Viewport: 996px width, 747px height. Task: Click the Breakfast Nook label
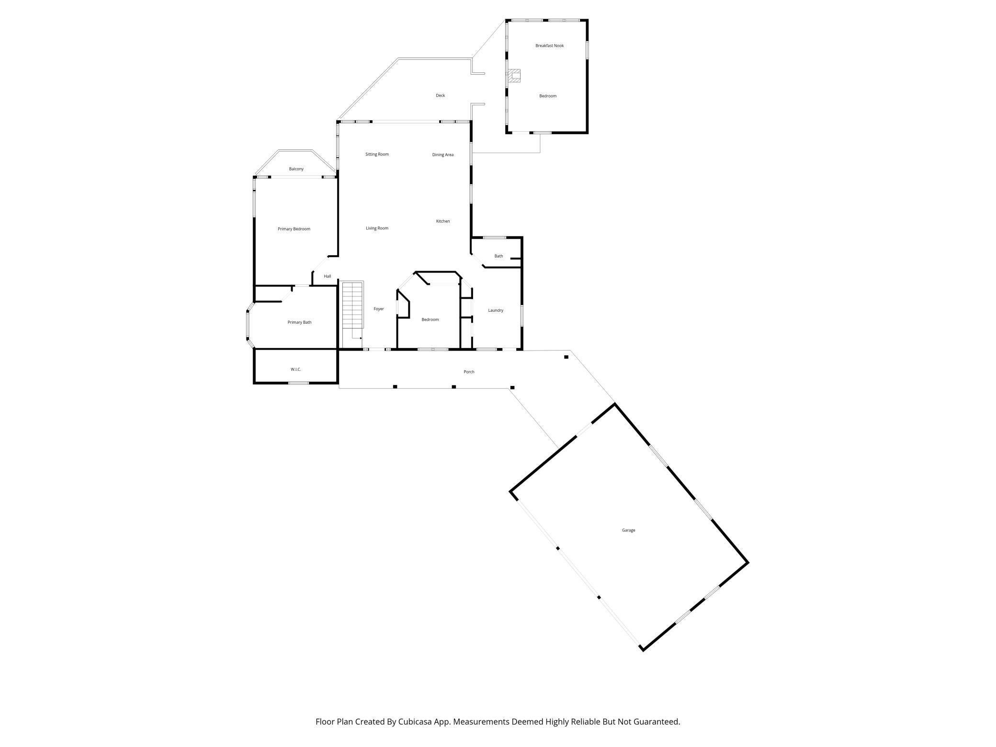coord(549,45)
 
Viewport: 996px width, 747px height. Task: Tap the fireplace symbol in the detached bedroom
coord(514,76)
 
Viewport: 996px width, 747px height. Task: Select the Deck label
coord(440,95)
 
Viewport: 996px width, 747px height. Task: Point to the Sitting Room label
coord(377,154)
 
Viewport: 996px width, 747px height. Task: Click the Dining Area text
coord(442,155)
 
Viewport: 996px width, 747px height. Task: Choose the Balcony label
coord(296,169)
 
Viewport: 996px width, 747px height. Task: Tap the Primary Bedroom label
coord(294,229)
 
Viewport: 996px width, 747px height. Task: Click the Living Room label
coord(377,228)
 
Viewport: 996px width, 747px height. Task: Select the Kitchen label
coord(442,221)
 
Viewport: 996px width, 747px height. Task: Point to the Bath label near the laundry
coord(498,256)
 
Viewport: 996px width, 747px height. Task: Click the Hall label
coord(328,276)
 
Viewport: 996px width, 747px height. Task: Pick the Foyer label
coord(379,309)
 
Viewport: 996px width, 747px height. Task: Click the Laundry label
coord(496,310)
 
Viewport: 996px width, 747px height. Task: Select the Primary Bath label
coord(299,322)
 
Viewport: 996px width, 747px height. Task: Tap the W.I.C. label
coord(295,369)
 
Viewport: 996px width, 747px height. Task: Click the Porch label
coord(469,372)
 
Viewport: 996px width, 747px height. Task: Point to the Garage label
coord(628,530)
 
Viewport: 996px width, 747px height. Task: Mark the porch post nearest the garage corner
coord(566,357)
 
